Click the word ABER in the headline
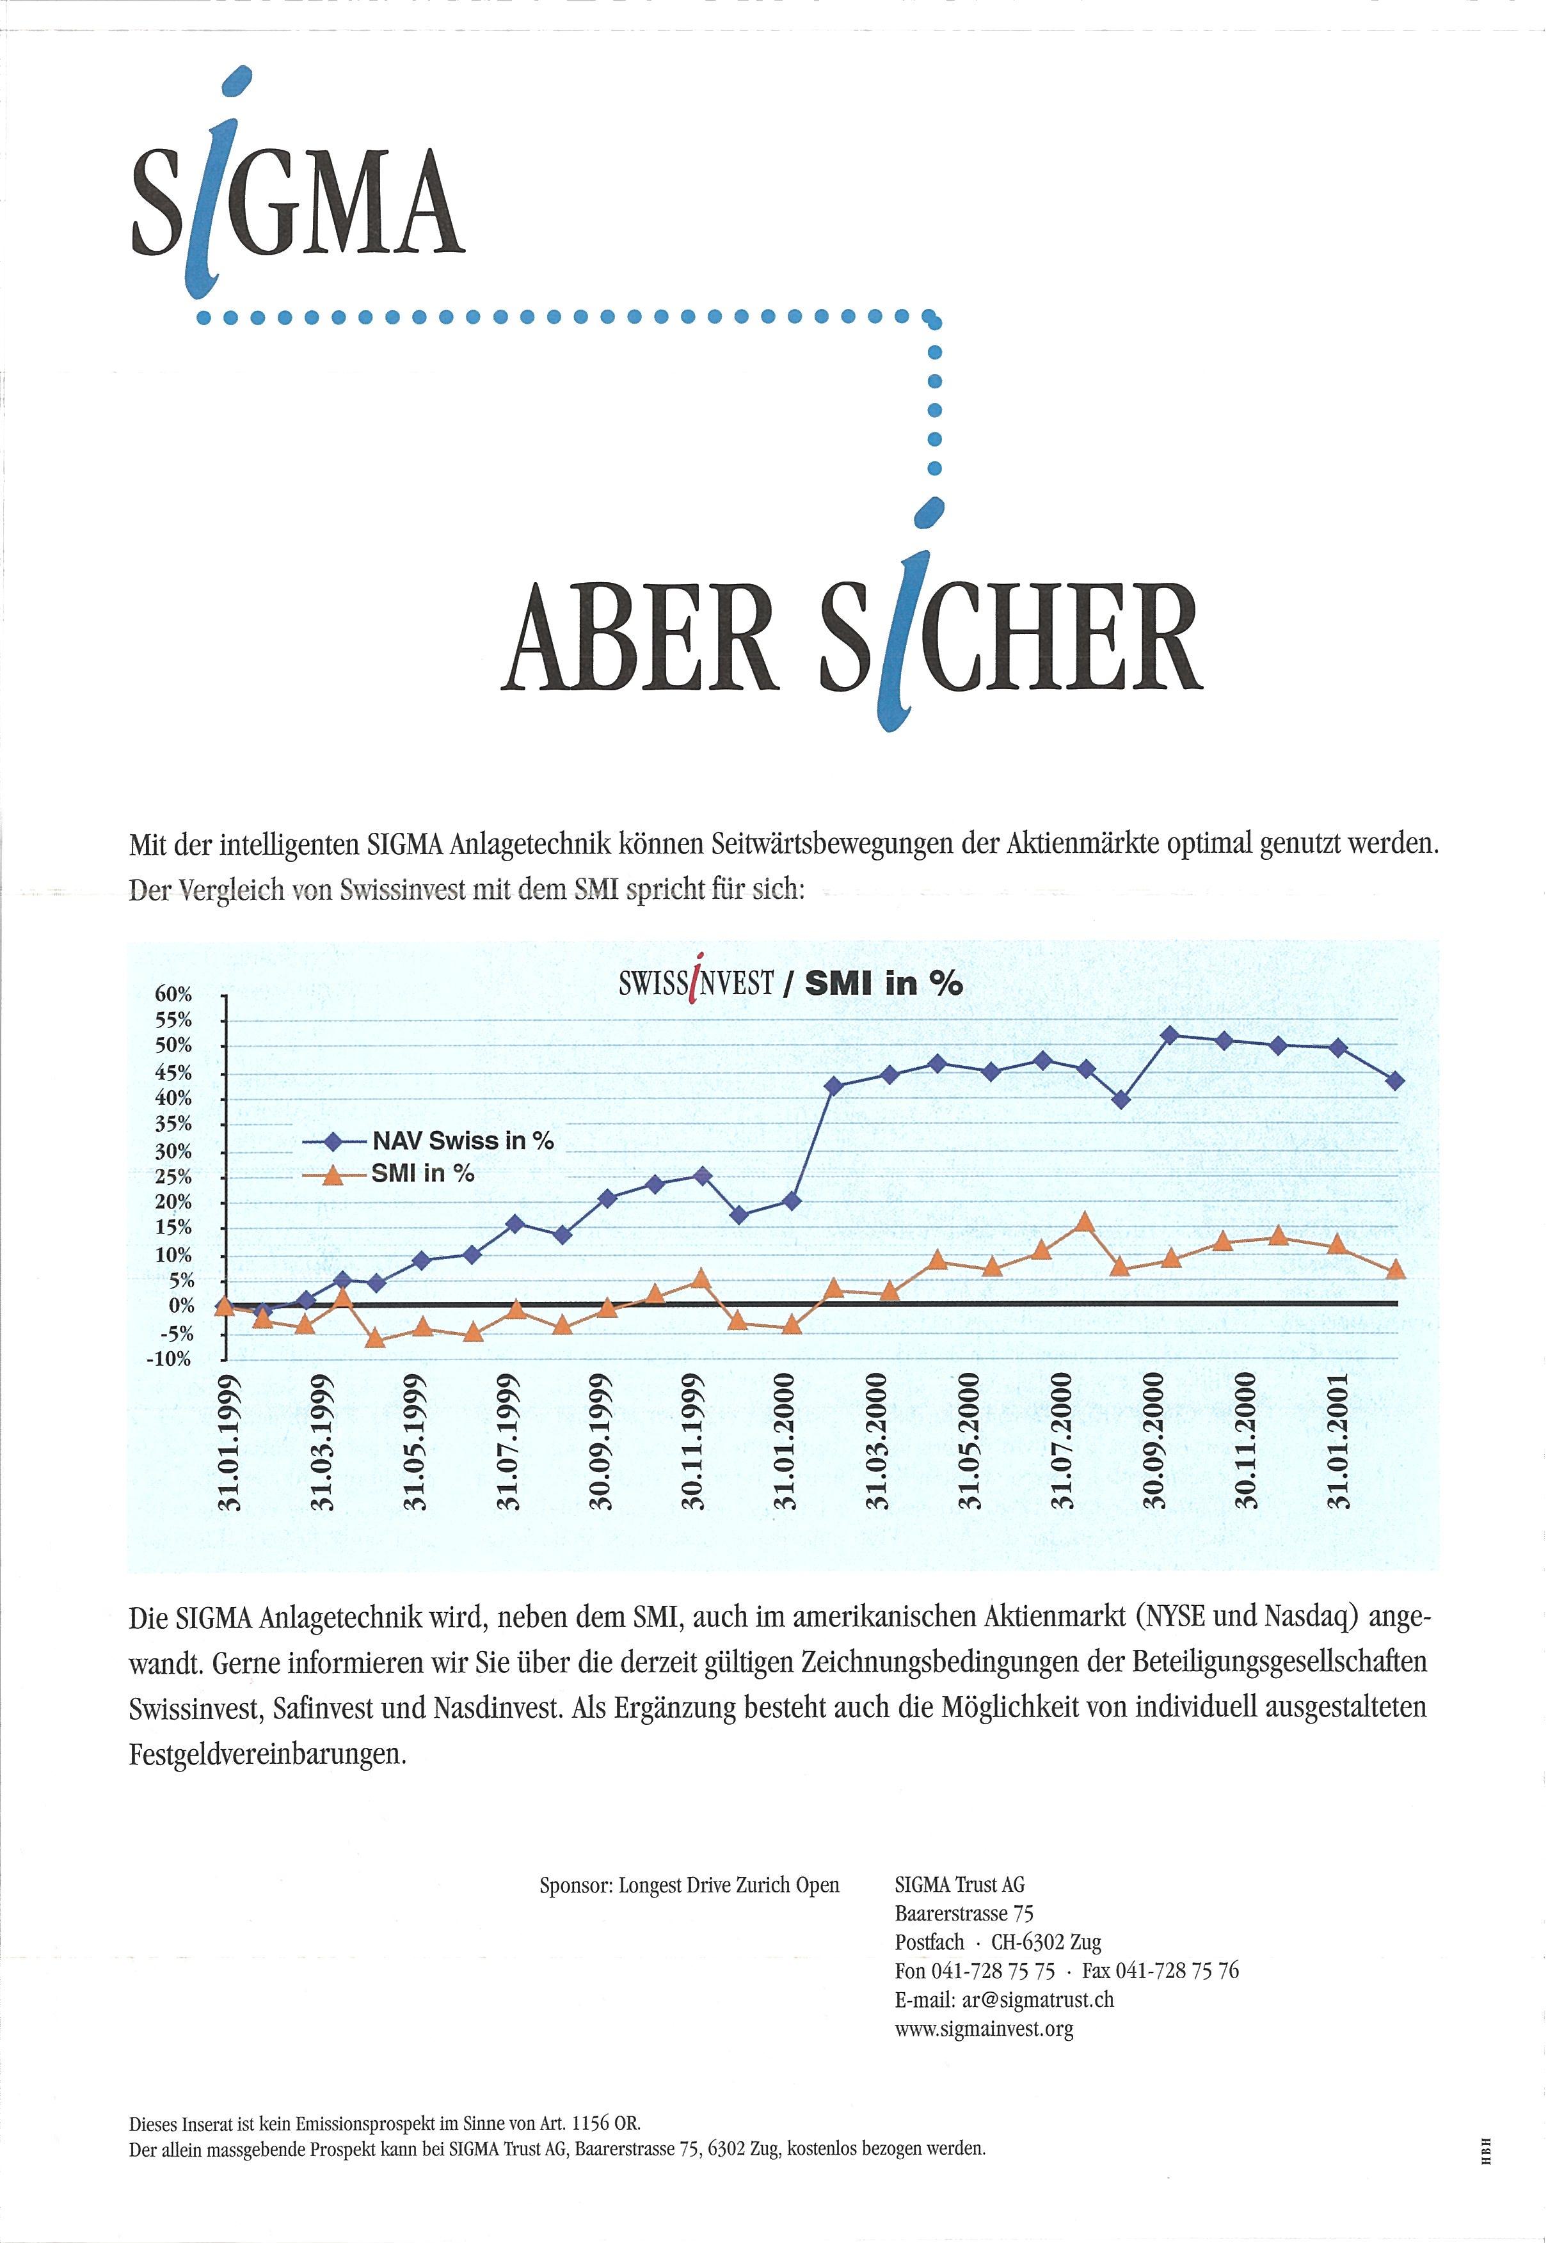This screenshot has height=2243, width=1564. [x=640, y=637]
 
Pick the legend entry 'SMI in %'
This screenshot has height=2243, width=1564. [x=422, y=1173]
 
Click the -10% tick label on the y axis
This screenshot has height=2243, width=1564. [x=170, y=1359]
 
